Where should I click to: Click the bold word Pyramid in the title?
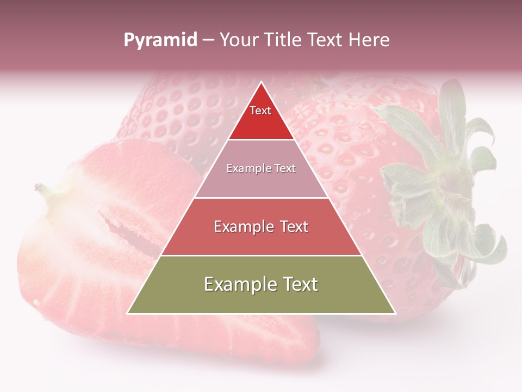[x=160, y=40]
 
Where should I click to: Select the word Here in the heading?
[x=369, y=40]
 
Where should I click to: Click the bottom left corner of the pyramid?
[x=128, y=313]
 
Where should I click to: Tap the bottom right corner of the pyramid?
[x=395, y=313]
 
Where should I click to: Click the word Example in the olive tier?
[x=237, y=284]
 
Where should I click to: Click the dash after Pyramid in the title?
[x=208, y=40]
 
